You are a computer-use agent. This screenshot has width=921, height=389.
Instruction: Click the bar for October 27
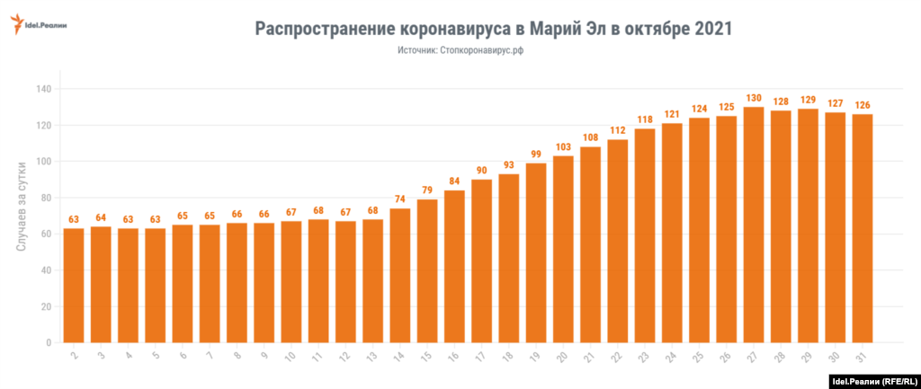pos(754,225)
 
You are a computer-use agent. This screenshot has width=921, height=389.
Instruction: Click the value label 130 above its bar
pos(754,98)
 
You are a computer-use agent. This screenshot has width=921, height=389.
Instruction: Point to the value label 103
pos(563,146)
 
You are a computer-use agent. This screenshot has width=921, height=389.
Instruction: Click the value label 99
pos(536,154)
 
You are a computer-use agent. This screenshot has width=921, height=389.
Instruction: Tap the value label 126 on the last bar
pos(862,104)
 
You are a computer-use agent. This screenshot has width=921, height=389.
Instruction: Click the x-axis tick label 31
pos(861,357)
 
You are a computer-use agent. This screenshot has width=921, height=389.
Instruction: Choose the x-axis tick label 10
pos(290,357)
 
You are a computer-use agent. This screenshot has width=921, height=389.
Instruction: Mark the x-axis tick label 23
pos(643,357)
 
